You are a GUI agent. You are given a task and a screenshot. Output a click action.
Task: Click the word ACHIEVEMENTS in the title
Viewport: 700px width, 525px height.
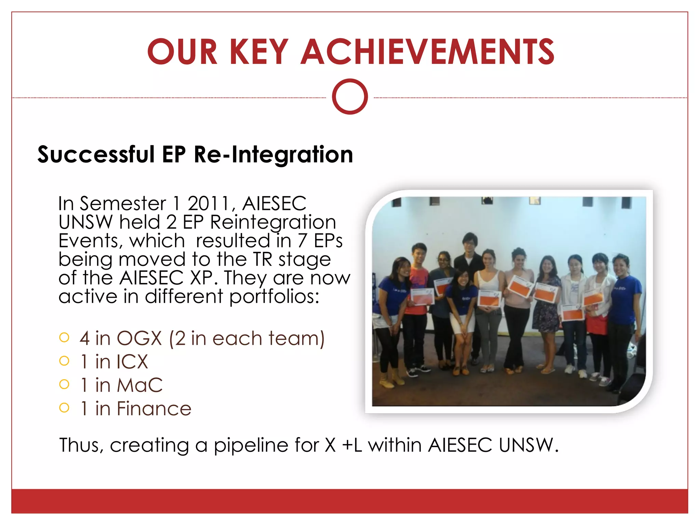427,52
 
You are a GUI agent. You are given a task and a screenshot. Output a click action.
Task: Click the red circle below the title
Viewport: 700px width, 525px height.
350,97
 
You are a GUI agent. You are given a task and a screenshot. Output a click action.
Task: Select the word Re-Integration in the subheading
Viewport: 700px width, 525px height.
273,154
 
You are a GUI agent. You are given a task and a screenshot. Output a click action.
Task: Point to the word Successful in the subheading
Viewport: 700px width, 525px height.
96,154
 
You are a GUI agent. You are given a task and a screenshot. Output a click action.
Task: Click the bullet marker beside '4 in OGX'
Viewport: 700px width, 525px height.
64,338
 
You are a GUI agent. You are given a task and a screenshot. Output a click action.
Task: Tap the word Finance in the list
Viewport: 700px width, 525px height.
154,409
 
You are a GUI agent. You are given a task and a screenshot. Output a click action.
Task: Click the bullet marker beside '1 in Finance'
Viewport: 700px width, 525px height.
64,408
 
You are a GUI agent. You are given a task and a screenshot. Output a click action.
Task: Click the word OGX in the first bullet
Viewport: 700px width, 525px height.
139,338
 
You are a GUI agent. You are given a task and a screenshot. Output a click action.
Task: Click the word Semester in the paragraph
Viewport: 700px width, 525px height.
123,204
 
